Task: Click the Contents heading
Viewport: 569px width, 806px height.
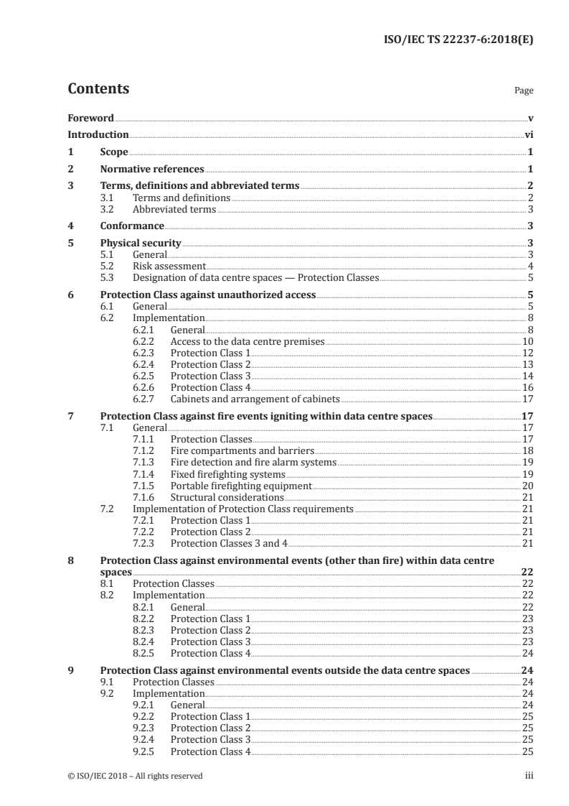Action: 98,89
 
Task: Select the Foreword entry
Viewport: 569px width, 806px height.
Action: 90,117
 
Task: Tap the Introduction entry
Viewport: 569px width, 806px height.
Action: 98,134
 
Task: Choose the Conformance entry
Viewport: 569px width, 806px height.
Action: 132,226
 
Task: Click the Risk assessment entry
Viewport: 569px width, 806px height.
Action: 165,266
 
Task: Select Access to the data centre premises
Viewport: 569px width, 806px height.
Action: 248,341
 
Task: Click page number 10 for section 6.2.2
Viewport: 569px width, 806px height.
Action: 527,341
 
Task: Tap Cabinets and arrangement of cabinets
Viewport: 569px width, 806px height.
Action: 255,399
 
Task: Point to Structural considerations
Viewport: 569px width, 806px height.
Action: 227,497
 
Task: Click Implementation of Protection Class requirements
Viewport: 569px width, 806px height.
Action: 243,509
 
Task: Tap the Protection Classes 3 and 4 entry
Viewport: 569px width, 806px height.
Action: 229,543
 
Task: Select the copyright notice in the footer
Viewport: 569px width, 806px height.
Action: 135,776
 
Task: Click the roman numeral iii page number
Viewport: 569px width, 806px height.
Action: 529,776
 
